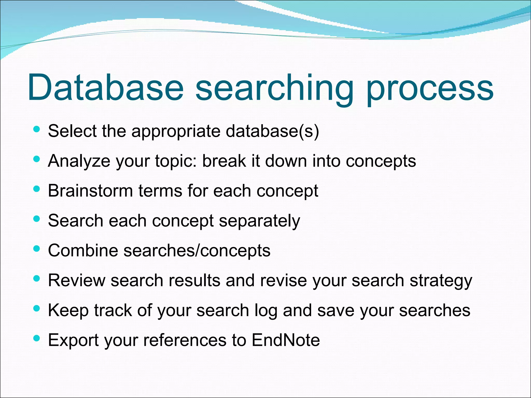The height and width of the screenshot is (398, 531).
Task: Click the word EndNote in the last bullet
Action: [x=285, y=340]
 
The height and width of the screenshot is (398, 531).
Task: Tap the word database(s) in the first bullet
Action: [x=272, y=131]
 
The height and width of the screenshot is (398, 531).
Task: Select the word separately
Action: [x=260, y=221]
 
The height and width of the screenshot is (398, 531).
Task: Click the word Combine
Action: [x=83, y=251]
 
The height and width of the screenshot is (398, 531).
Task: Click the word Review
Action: [x=77, y=280]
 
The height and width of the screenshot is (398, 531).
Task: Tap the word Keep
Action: [x=68, y=310]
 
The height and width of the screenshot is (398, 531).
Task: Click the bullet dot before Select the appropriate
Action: [x=37, y=129]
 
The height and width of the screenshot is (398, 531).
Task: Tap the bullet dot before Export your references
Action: [x=37, y=338]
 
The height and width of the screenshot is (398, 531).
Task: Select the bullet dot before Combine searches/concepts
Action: [x=37, y=249]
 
